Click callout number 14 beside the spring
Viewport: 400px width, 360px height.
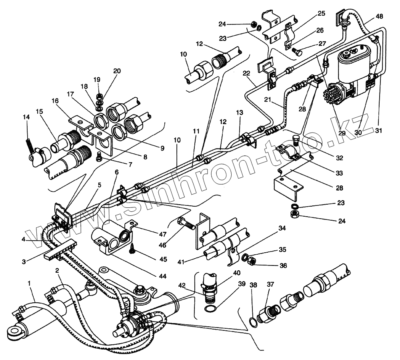(26, 117)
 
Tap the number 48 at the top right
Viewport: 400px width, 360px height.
(379, 17)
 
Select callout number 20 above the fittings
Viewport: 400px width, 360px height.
(117, 71)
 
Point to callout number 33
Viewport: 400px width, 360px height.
(340, 173)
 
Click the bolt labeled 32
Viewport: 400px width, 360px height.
(296, 140)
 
